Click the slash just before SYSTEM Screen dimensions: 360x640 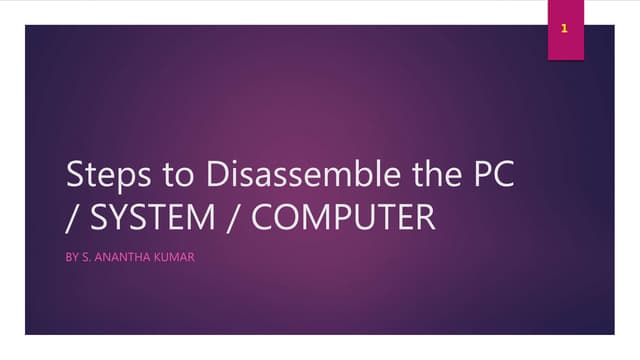pyautogui.click(x=71, y=216)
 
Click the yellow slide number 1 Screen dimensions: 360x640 pyautogui.click(x=565, y=29)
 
